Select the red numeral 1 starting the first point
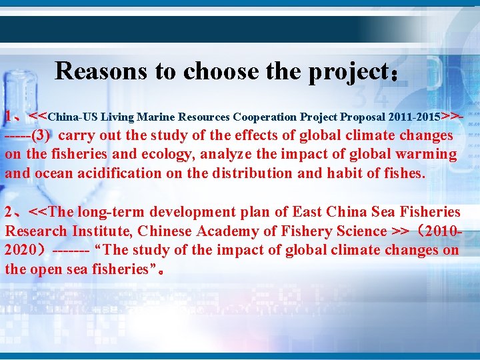point(9,117)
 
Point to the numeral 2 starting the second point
point(9,213)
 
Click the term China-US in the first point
point(73,117)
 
